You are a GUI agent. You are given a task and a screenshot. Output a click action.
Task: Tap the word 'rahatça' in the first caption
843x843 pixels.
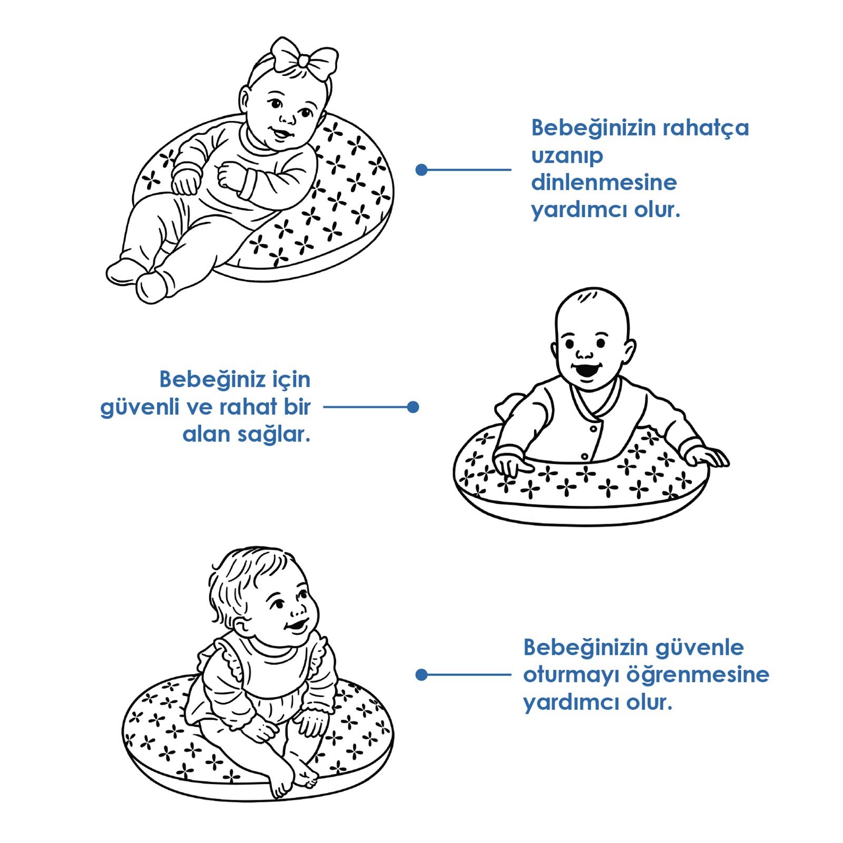pos(705,129)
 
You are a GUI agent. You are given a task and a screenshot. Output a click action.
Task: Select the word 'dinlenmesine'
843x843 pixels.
pos(604,183)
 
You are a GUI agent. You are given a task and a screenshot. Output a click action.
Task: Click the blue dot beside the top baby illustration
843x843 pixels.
pos(421,170)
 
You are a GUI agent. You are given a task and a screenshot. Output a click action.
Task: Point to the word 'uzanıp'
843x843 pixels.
pos(566,156)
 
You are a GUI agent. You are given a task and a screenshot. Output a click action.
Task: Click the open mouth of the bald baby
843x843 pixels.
pos(586,370)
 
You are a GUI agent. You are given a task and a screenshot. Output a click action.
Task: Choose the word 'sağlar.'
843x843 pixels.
pos(273,435)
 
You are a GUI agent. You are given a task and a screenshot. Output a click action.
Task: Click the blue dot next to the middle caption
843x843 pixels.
pos(413,407)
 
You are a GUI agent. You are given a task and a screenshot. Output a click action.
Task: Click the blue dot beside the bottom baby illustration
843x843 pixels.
pos(421,674)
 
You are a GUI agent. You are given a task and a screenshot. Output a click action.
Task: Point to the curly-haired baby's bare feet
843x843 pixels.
pos(292,780)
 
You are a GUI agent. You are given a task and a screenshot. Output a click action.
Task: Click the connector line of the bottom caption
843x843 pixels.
pos(469,674)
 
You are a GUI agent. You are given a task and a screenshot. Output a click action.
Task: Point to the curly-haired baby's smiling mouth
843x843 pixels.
pos(296,626)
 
